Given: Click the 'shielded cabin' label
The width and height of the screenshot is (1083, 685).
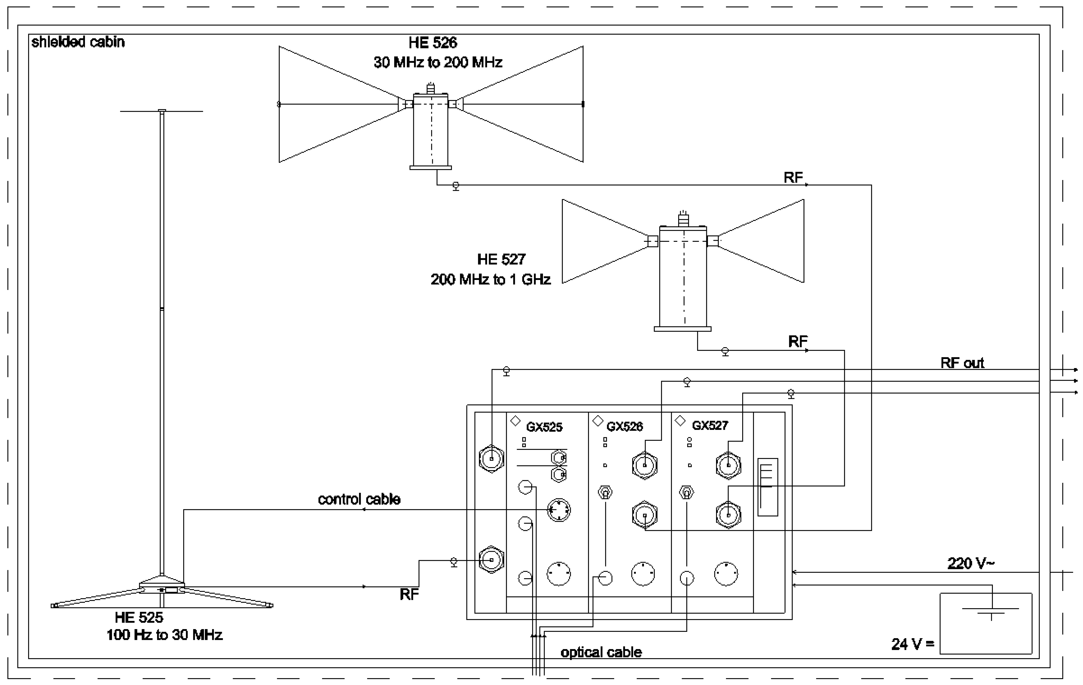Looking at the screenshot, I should coord(78,42).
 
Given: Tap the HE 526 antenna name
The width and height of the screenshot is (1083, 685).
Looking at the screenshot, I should coord(433,43).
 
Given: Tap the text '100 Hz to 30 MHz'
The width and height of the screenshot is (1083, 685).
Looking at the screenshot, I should coord(164,635).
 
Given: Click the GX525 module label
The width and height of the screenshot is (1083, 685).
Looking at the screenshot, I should coord(544,427).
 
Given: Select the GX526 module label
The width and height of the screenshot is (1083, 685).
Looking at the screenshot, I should coord(625,426).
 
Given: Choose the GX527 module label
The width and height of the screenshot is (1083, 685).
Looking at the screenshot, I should coord(710,425).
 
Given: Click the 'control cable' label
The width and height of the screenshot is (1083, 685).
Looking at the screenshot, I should coord(359,499).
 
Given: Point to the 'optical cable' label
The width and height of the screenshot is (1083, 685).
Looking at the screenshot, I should coord(601,652).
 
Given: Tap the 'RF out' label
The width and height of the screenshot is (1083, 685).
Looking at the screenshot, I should coord(962,363).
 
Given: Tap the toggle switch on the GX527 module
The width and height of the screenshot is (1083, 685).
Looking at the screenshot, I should coord(686,492).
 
